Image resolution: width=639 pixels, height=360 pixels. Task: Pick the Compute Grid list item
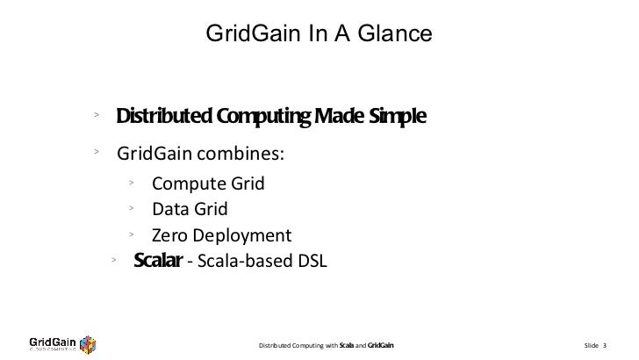pyautogui.click(x=207, y=184)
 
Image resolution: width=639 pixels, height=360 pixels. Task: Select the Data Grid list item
pyautogui.click(x=190, y=209)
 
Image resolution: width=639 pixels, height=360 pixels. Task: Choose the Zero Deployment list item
pyautogui.click(x=220, y=235)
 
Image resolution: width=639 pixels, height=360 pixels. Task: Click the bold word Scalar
pyautogui.click(x=157, y=261)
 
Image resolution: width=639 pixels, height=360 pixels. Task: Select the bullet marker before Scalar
pyautogui.click(x=113, y=259)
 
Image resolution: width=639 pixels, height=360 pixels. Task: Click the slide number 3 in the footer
pyautogui.click(x=605, y=343)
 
